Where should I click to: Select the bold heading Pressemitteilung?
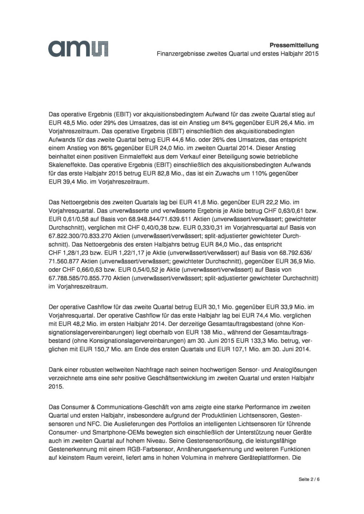click(294, 45)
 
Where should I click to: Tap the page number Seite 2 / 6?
click(309, 479)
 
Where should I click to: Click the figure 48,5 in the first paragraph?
click(66, 123)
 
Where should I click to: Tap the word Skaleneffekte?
click(66, 165)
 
